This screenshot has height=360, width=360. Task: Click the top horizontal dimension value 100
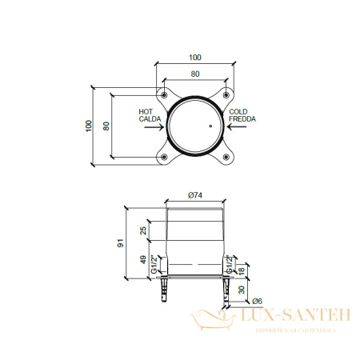point(195,58)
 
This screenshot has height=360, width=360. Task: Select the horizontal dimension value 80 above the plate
point(195,74)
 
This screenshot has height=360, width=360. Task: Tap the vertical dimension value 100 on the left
point(89,126)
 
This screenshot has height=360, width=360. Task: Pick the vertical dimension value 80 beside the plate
point(106,126)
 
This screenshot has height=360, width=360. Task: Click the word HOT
point(146,111)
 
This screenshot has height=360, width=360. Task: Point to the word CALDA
point(150,119)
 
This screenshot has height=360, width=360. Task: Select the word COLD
point(238,111)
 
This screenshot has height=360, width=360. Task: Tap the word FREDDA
point(242,119)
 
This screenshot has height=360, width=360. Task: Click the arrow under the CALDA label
point(154,127)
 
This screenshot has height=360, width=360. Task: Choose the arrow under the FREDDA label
point(237,126)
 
